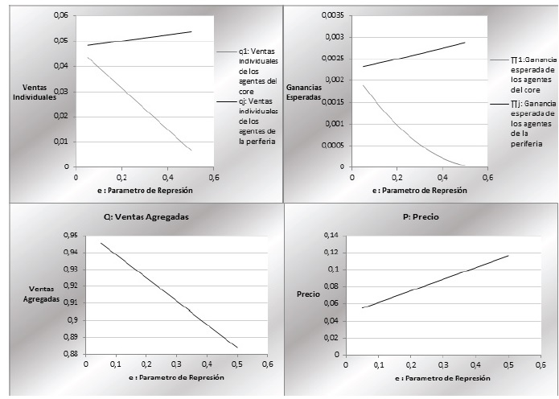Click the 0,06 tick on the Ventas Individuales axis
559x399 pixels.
60,16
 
